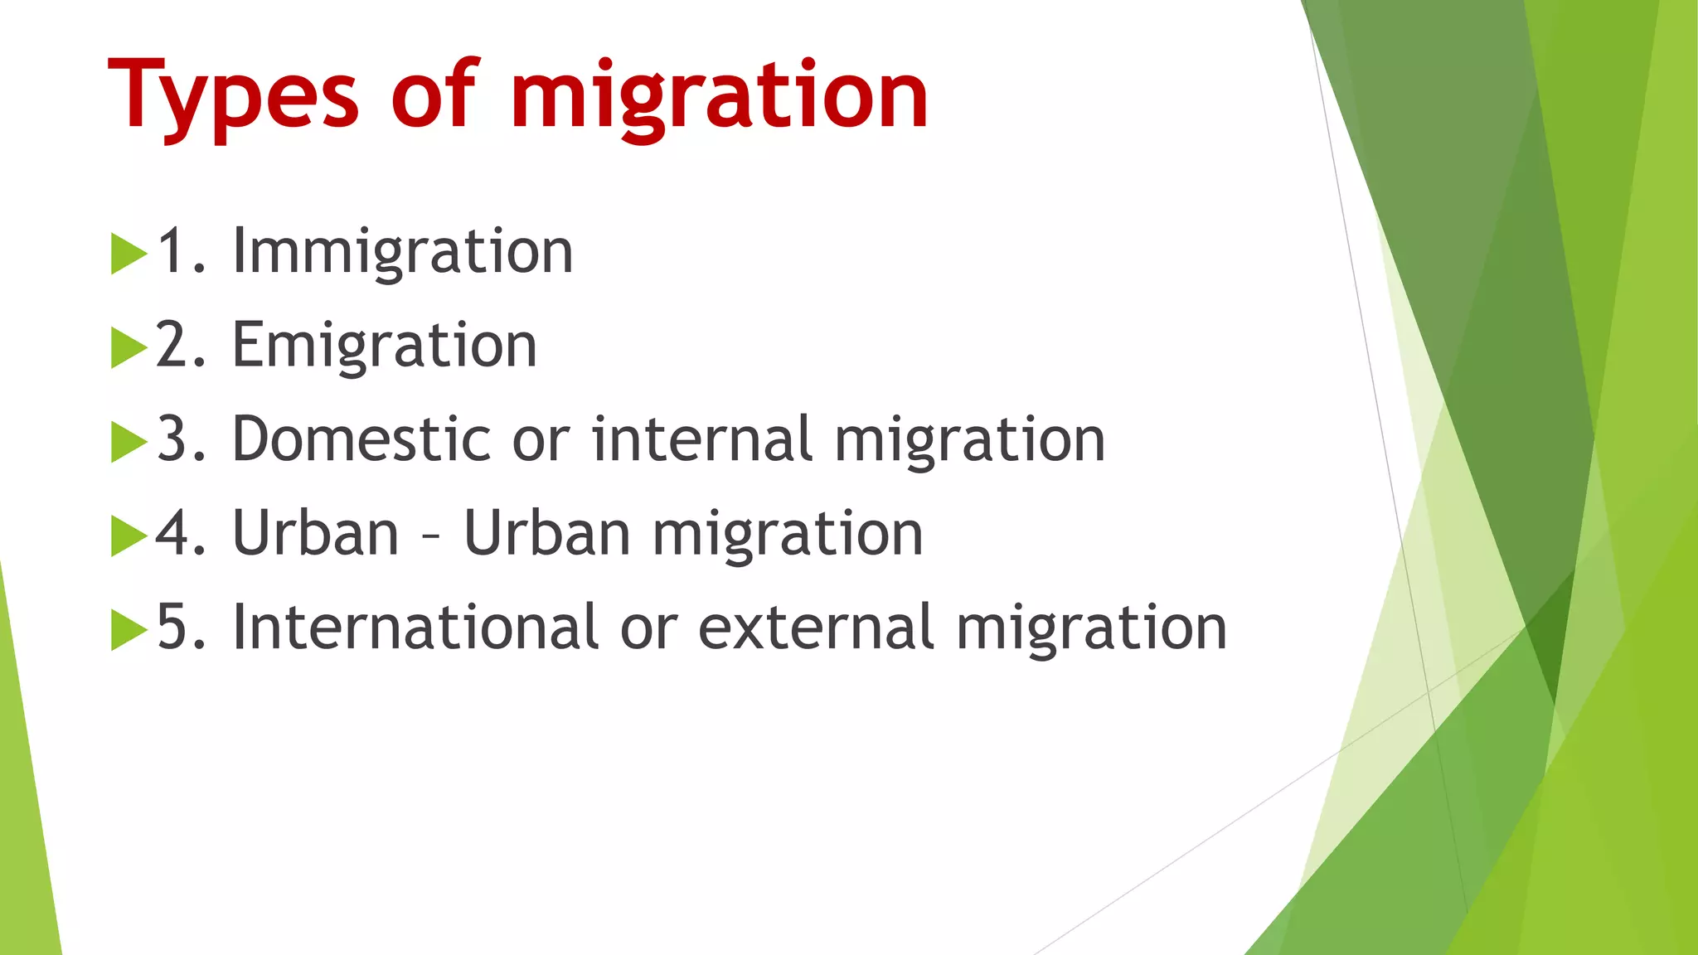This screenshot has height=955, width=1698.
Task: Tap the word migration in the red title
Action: click(x=719, y=98)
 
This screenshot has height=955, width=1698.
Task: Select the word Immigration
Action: click(x=403, y=252)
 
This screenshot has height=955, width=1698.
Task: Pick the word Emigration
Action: click(x=385, y=346)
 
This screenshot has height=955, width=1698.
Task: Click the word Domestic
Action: click(x=358, y=439)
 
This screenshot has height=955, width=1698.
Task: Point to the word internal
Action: click(x=701, y=439)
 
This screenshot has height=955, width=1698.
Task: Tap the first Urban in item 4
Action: click(x=316, y=533)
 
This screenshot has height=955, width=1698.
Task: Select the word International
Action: click(x=415, y=627)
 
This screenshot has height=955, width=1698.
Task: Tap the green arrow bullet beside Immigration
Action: click(x=128, y=254)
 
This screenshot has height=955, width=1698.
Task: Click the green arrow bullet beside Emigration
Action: click(x=128, y=347)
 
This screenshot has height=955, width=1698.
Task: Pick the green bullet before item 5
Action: click(x=128, y=629)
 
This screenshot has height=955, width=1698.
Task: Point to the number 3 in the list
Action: click(x=172, y=439)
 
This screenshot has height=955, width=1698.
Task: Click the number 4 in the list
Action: click(x=174, y=533)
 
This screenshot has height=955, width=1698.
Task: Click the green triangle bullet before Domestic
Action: click(x=128, y=442)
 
